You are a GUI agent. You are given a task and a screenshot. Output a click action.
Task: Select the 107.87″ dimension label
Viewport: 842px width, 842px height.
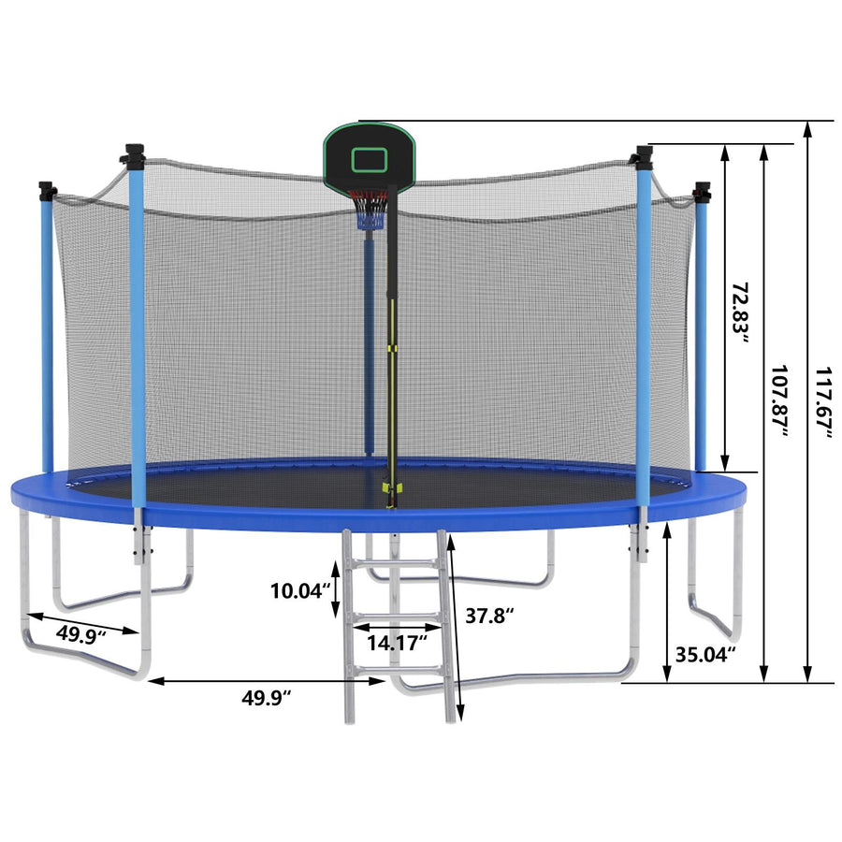778,401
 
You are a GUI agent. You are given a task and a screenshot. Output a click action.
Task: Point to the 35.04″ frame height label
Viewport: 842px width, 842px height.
705,655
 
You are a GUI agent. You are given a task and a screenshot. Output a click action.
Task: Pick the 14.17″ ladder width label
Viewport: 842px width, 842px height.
398,642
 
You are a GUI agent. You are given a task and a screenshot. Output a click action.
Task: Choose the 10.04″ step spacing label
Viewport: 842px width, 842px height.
300,590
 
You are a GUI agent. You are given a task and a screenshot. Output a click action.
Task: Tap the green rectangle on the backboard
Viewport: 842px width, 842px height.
370,160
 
